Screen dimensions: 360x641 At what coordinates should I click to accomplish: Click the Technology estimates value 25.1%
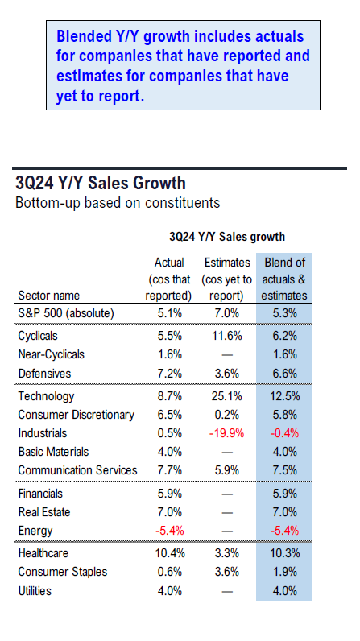click(x=227, y=396)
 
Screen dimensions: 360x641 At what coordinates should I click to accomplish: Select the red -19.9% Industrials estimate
click(x=227, y=433)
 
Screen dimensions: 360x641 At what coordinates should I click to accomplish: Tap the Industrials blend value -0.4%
click(x=284, y=433)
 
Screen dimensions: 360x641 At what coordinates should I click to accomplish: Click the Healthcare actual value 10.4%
click(x=170, y=553)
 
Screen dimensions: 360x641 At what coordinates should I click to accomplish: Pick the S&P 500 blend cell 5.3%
click(x=285, y=313)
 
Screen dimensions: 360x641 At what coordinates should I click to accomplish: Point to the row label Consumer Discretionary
click(x=76, y=415)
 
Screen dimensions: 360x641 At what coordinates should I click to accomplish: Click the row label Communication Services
click(x=77, y=470)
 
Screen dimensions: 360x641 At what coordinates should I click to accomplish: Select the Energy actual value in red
click(x=170, y=531)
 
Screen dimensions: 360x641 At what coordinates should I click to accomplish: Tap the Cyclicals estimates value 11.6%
click(x=227, y=336)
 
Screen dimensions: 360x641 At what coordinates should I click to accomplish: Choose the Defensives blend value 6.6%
click(x=285, y=374)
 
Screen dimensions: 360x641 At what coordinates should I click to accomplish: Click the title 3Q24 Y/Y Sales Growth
click(x=101, y=183)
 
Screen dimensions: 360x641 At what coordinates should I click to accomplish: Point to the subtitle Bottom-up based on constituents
click(x=118, y=203)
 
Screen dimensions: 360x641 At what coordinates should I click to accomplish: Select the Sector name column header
click(x=48, y=296)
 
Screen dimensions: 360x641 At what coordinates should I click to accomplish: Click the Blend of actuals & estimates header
click(x=284, y=279)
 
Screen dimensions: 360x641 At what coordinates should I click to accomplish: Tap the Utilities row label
click(x=35, y=591)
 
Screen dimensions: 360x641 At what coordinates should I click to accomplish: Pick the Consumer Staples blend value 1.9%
click(x=285, y=572)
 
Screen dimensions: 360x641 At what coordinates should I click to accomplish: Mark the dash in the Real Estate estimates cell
click(x=227, y=513)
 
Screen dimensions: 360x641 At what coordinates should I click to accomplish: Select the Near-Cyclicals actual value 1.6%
click(x=170, y=354)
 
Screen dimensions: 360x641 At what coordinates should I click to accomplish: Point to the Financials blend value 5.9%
click(x=285, y=494)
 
